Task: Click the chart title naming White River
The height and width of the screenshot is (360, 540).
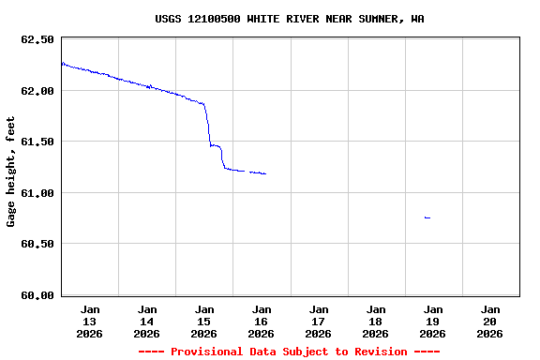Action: [x=289, y=19]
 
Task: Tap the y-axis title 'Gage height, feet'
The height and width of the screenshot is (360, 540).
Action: [x=11, y=172]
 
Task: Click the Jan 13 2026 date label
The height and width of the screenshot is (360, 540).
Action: [x=90, y=321]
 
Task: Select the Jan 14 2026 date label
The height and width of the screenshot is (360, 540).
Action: [x=147, y=321]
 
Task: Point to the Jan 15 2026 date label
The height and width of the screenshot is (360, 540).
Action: [x=204, y=321]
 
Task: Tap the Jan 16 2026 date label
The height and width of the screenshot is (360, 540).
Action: [x=262, y=321]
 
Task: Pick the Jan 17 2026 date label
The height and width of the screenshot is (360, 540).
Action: [x=319, y=321]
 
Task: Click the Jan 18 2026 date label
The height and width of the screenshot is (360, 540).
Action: [x=375, y=321]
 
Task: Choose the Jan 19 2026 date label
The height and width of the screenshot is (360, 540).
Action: [x=432, y=321]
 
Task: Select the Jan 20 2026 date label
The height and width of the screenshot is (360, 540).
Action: [x=489, y=321]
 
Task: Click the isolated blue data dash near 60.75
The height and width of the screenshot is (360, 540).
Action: [x=427, y=217]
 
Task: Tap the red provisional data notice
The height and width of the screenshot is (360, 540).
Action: [x=289, y=352]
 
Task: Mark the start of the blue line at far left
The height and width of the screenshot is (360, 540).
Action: [x=63, y=63]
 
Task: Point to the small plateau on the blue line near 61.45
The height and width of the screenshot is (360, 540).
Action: [x=215, y=145]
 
